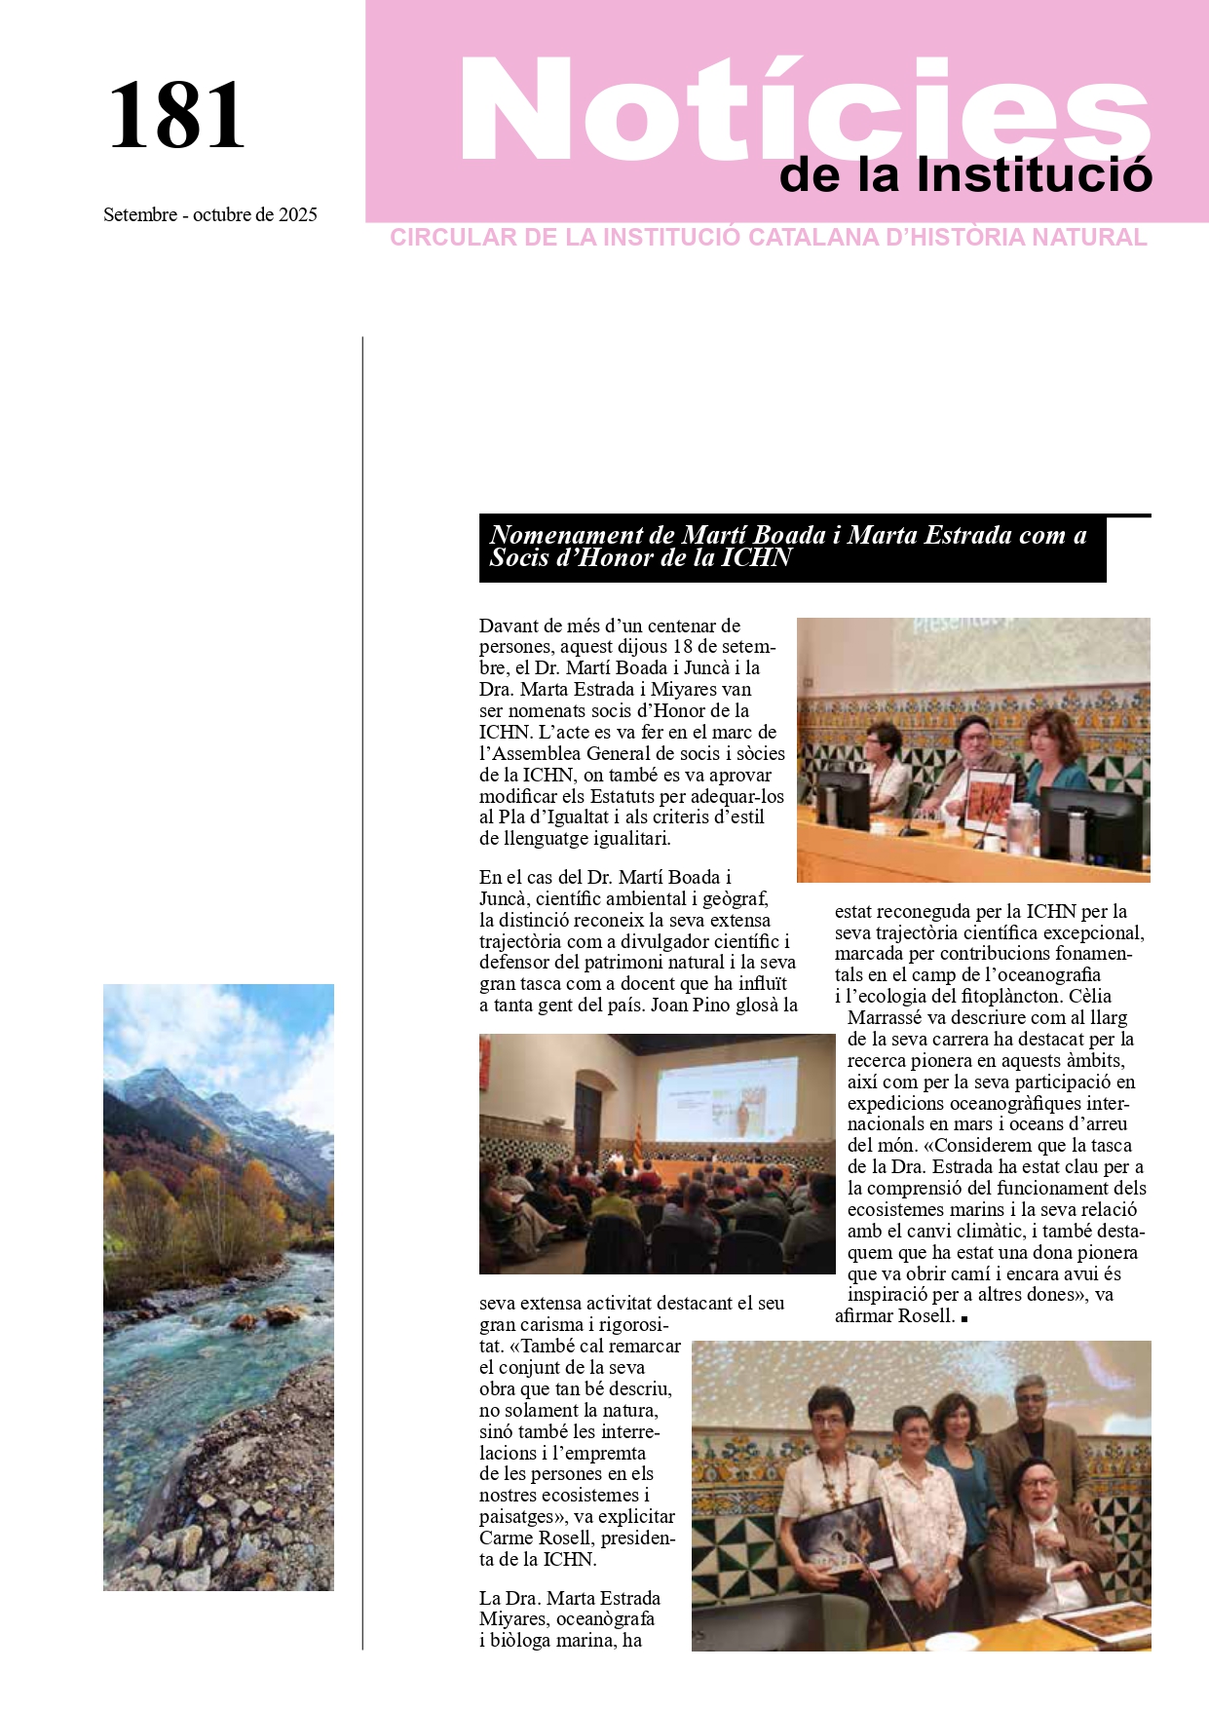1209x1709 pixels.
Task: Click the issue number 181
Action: click(x=176, y=116)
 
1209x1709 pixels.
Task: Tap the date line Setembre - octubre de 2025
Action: click(x=210, y=214)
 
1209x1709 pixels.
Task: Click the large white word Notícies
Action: click(x=805, y=109)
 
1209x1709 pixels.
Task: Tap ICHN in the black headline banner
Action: click(x=756, y=558)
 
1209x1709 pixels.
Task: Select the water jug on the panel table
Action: click(x=1018, y=828)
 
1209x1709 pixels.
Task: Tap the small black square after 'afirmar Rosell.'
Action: click(x=963, y=1318)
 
